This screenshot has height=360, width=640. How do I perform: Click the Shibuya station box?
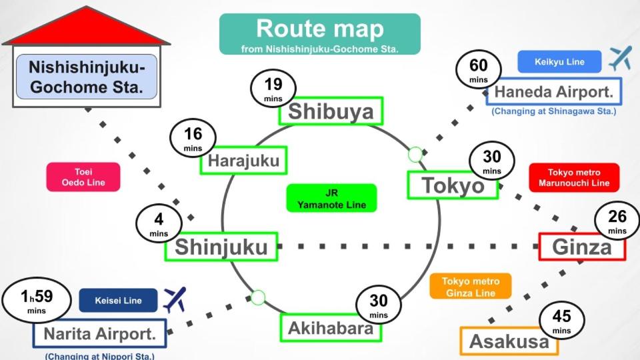point(331,111)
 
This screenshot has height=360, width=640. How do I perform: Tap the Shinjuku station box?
point(221,247)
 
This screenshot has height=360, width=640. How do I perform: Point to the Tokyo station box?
point(453,185)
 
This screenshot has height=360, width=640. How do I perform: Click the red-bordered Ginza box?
point(581,247)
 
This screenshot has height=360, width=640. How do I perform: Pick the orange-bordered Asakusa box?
point(509,341)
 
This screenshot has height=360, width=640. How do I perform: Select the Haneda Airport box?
point(553,91)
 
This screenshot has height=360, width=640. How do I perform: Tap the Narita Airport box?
point(99,333)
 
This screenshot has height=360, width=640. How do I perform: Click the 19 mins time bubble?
point(273,88)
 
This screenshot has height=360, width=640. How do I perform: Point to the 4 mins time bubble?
point(159,223)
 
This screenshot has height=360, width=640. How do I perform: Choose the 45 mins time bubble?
point(561,320)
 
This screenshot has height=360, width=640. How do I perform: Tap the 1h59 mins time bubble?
point(36,301)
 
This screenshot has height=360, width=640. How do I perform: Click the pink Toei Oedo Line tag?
point(83,177)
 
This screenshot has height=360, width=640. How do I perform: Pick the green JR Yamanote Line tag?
point(331,198)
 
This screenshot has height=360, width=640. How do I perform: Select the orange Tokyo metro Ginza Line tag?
point(471,287)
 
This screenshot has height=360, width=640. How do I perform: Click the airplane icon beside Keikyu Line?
point(619,59)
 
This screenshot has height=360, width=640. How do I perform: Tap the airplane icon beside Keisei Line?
point(175,299)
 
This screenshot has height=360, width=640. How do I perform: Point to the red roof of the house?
point(87,28)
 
